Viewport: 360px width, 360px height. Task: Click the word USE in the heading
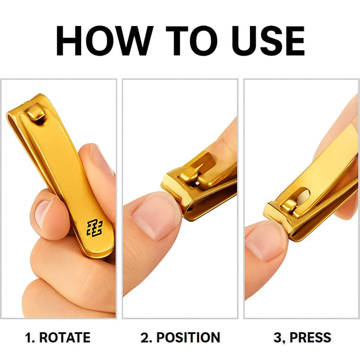click(x=268, y=41)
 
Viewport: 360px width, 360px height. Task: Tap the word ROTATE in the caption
click(x=65, y=337)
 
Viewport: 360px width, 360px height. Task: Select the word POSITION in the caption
click(x=188, y=337)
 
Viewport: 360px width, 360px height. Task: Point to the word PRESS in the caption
click(x=310, y=337)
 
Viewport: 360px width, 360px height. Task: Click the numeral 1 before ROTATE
click(x=28, y=337)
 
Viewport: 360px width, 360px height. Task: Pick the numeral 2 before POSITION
click(x=145, y=337)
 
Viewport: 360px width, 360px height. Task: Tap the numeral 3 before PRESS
click(x=278, y=337)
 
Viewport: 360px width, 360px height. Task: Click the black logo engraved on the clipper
click(x=94, y=228)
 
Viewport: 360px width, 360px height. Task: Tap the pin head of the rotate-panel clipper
click(x=36, y=114)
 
